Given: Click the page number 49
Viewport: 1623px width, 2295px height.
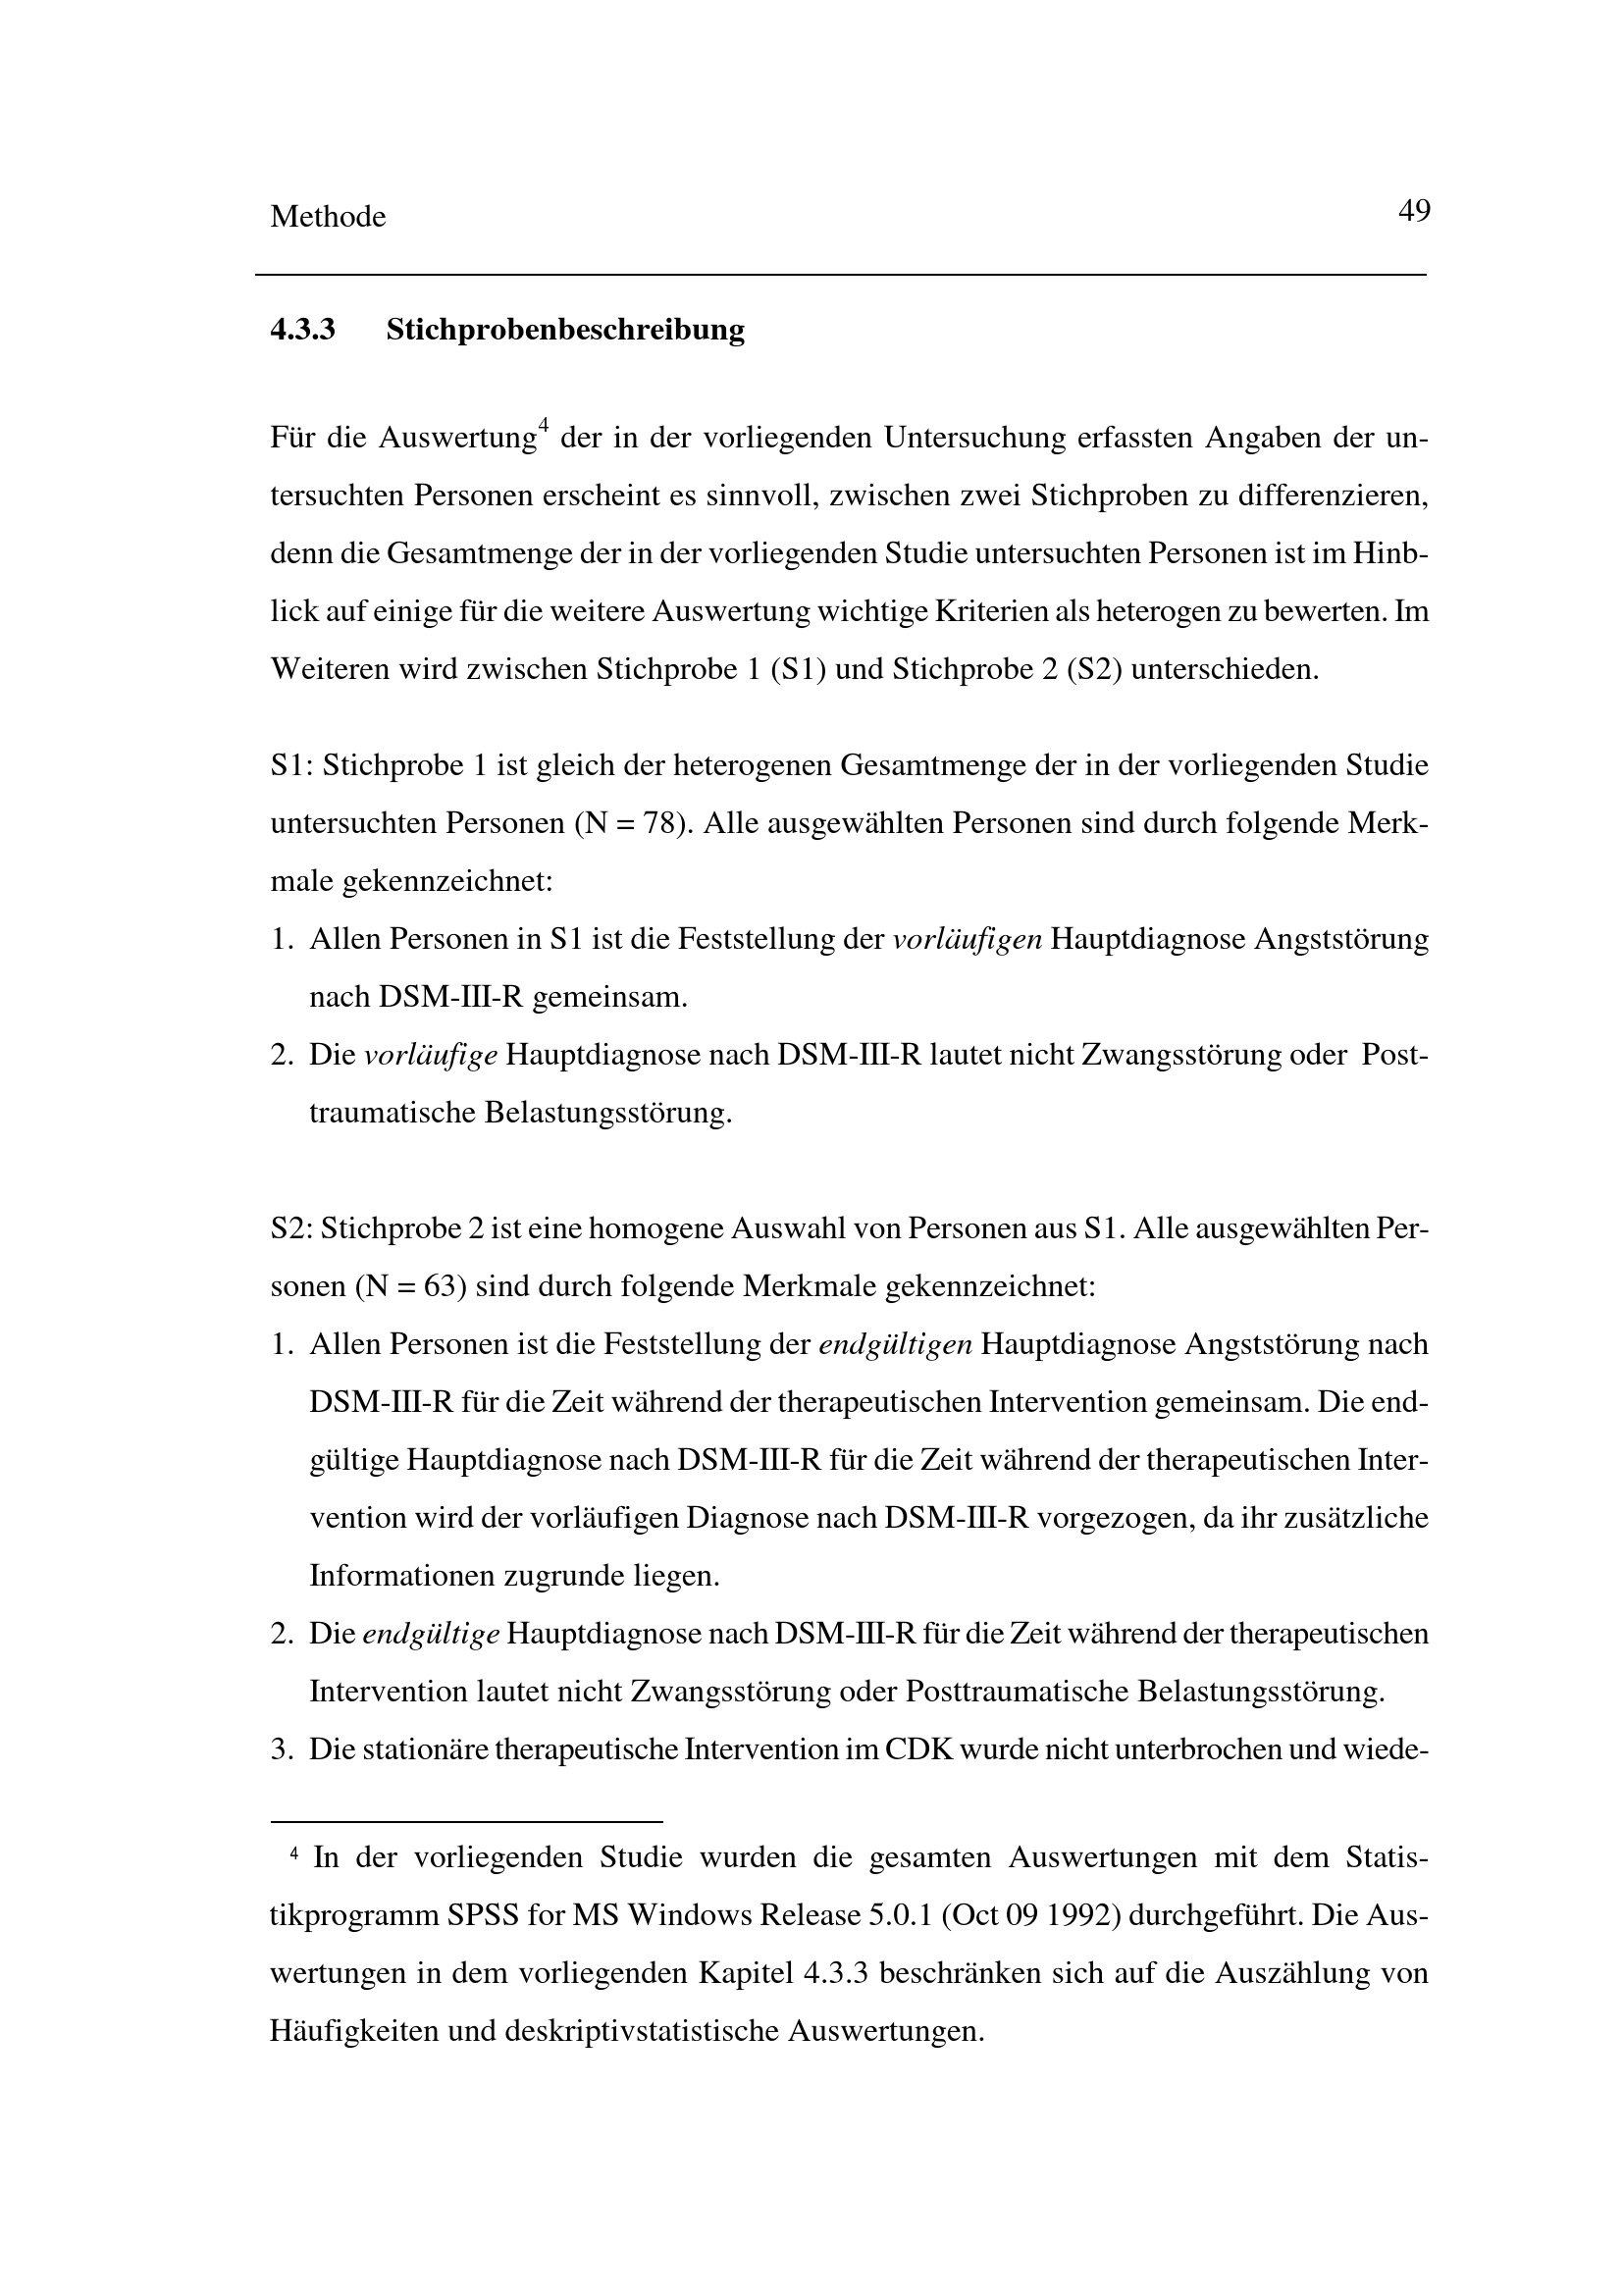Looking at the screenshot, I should pyautogui.click(x=1414, y=212).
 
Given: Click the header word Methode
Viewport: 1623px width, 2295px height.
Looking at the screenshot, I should pyautogui.click(x=328, y=217).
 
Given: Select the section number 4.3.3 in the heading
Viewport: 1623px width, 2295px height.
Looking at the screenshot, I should pyautogui.click(x=302, y=330).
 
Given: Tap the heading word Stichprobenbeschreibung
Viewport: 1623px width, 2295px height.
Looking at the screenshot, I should pyautogui.click(x=564, y=330).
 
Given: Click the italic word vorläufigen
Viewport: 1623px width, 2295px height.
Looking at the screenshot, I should pyautogui.click(x=968, y=940).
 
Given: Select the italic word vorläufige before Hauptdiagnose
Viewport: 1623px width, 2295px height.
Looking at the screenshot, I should pyautogui.click(x=431, y=1056).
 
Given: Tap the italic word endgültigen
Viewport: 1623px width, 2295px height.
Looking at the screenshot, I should pyautogui.click(x=896, y=1344).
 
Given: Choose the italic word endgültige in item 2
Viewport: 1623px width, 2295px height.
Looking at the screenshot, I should pyautogui.click(x=431, y=1635).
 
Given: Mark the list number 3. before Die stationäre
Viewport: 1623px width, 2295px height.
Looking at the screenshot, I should pyautogui.click(x=281, y=1750).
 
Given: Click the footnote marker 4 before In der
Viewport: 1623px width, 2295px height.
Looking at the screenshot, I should pyautogui.click(x=293, y=1855).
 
